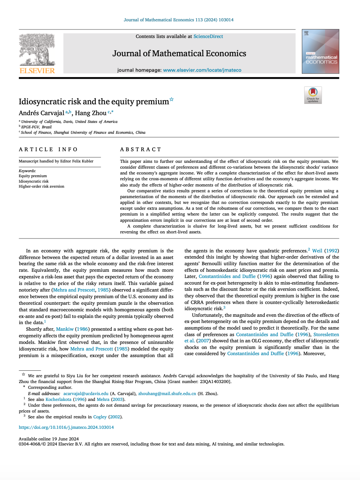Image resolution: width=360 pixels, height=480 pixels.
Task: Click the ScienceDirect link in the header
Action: [x=208, y=36]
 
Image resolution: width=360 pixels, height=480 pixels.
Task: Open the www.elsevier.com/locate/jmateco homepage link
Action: [x=202, y=70]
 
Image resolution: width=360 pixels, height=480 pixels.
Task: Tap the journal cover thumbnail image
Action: [x=320, y=51]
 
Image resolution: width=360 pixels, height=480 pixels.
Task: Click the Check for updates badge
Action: [x=313, y=95]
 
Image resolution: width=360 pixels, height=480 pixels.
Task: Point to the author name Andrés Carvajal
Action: [x=42, y=113]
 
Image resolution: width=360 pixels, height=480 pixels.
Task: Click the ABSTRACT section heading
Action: [x=140, y=149]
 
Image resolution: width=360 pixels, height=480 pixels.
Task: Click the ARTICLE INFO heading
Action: [x=48, y=149]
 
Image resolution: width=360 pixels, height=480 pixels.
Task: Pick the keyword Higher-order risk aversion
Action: [x=42, y=186]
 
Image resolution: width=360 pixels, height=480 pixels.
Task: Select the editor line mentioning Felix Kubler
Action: [x=56, y=161]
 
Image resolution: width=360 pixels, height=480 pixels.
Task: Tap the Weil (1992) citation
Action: [x=325, y=250]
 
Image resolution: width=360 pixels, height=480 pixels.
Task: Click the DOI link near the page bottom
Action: [x=66, y=427]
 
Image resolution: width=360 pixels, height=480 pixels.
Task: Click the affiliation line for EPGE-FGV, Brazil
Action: [x=36, y=127]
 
